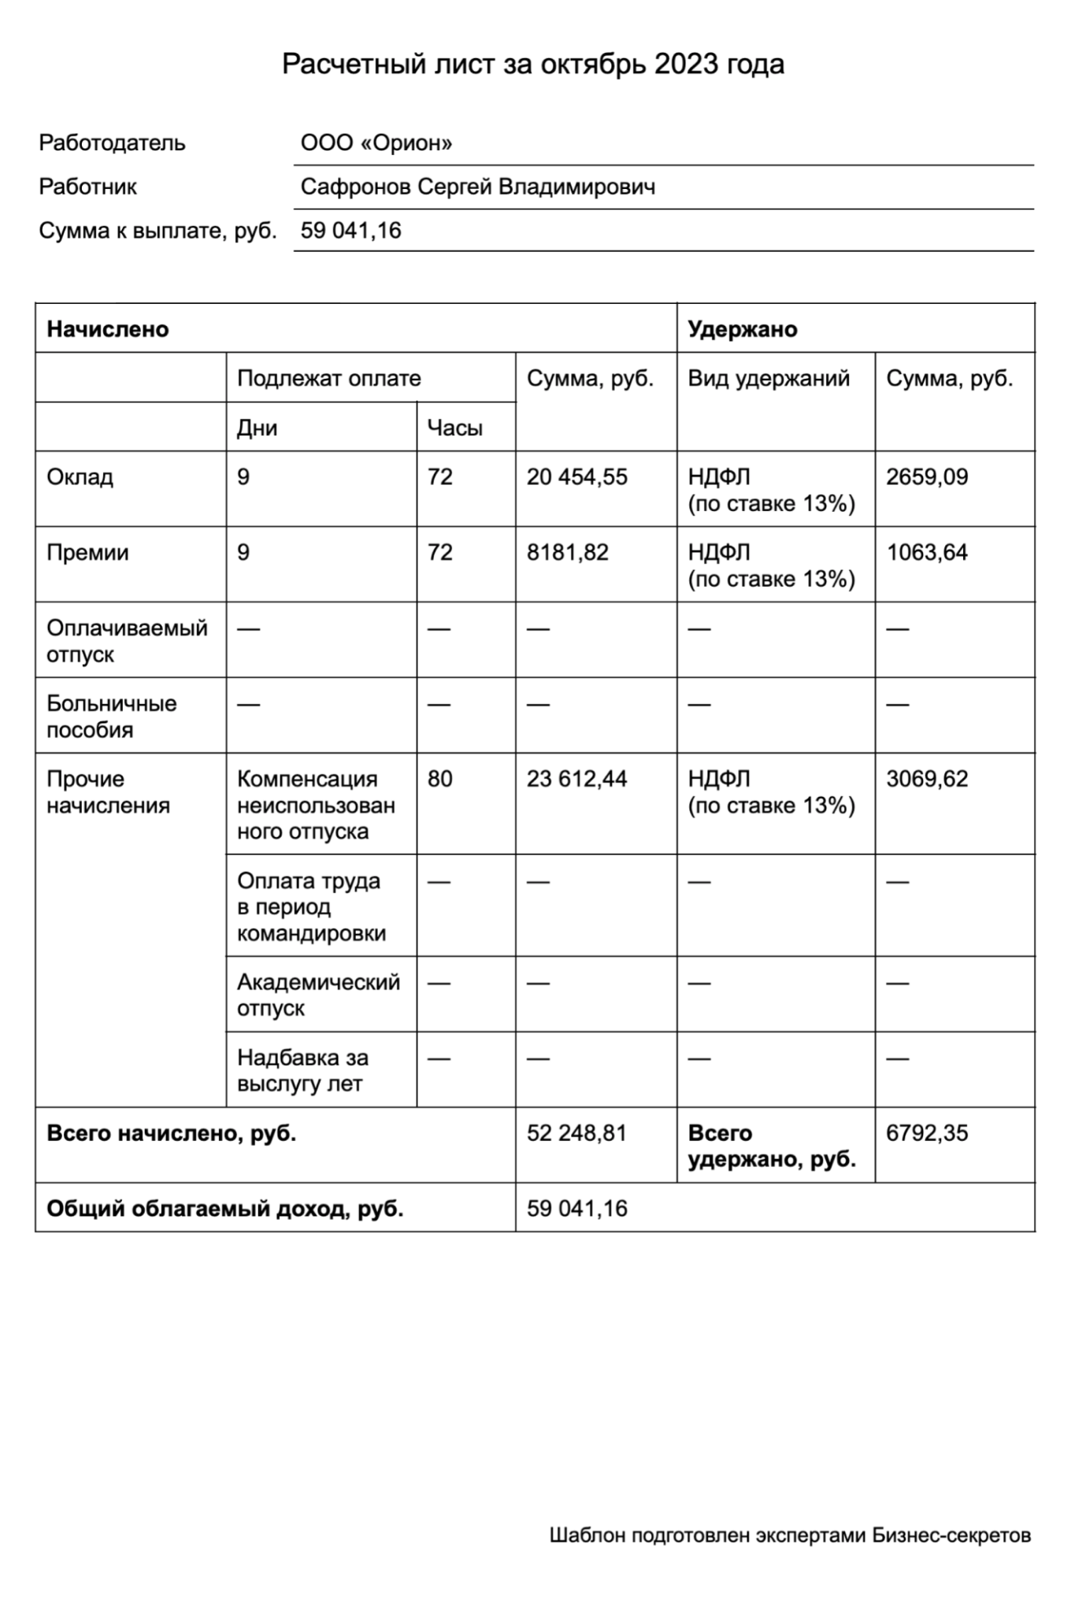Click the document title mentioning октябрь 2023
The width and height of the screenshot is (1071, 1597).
(533, 65)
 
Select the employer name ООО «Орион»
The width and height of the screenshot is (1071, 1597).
(376, 143)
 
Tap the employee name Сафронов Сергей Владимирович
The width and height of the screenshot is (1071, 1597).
(478, 187)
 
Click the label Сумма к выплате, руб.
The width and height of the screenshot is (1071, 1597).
(157, 232)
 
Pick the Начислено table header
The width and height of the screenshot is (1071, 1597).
(108, 329)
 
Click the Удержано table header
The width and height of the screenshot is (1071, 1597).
(743, 329)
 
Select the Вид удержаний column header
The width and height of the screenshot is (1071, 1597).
(769, 379)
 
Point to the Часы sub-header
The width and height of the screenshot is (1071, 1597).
(455, 428)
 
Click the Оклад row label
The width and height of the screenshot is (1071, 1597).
(80, 477)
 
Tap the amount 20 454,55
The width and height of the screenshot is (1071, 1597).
(577, 477)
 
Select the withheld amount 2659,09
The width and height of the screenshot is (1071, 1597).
(927, 477)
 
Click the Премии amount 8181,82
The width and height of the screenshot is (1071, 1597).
(568, 553)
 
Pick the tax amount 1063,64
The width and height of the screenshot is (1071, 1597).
(927, 553)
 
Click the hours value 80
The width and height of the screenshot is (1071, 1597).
(440, 780)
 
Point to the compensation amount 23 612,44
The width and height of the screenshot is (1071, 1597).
(577, 780)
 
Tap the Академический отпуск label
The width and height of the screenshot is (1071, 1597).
(318, 995)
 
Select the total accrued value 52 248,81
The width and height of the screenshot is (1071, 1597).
(577, 1134)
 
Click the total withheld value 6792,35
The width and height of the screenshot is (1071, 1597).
(927, 1134)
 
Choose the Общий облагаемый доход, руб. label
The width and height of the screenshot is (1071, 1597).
(225, 1210)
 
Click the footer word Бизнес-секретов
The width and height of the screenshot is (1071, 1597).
(951, 1536)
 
